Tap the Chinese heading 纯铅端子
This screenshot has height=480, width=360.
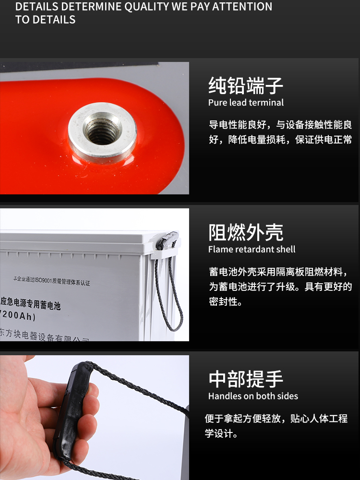coord(246,86)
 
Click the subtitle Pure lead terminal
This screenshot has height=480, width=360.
coord(246,103)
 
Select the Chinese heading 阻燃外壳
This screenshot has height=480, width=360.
coord(246,233)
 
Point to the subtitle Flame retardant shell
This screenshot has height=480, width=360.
coord(252,249)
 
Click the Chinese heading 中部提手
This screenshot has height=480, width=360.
coord(246,379)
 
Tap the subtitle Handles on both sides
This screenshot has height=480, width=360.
coord(253,396)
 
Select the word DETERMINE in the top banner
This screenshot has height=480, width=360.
coord(91,7)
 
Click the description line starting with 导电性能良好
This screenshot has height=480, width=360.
coord(280,125)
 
